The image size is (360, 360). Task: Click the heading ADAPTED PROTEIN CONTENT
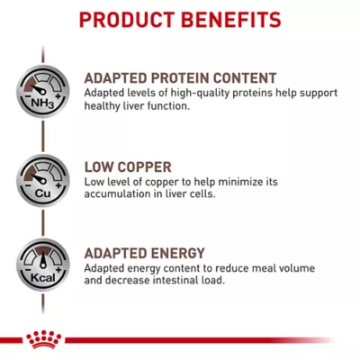pos(180,77)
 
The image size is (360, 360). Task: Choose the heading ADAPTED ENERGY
pos(144,253)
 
